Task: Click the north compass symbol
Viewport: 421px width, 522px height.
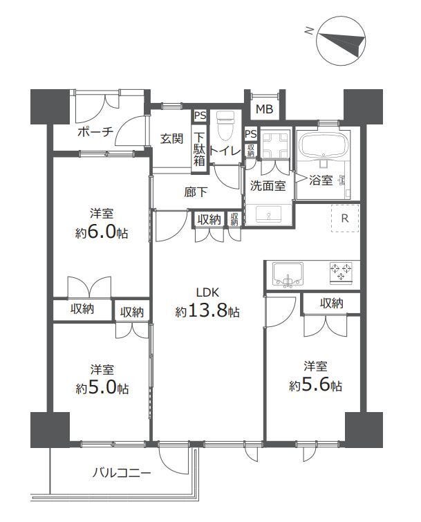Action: tap(341, 40)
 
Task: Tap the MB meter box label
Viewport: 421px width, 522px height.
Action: tap(264, 109)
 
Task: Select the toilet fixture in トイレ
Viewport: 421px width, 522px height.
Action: tap(225, 126)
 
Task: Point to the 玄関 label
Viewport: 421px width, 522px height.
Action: tap(171, 138)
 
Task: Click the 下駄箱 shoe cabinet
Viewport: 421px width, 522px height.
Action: tap(199, 149)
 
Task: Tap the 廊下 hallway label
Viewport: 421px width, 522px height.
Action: tap(196, 192)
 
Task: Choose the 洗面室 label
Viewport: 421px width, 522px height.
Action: tap(268, 186)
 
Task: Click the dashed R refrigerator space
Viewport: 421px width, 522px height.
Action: tap(345, 218)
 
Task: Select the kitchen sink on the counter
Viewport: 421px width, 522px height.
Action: tap(288, 274)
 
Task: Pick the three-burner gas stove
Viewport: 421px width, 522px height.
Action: tap(341, 273)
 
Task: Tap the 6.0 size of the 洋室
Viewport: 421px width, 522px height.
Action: tap(101, 232)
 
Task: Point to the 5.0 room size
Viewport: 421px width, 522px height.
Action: tap(102, 387)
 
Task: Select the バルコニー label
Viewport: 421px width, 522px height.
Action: tap(122, 473)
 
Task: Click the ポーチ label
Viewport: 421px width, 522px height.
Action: tap(95, 132)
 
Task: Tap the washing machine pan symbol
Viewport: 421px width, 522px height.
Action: tap(274, 146)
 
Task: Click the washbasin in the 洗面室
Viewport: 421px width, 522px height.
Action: tap(269, 214)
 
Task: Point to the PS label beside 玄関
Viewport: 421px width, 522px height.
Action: tap(200, 116)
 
